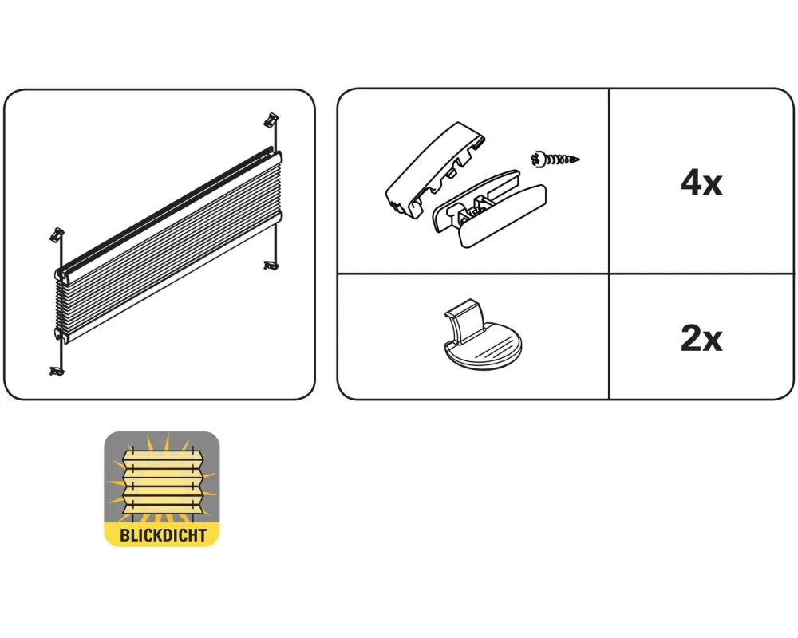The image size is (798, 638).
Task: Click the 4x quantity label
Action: [701, 183]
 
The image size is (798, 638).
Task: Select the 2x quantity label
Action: [701, 338]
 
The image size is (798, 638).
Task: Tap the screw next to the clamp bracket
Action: [555, 159]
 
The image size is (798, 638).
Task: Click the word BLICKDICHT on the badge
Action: [163, 535]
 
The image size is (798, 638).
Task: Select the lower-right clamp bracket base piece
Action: [489, 209]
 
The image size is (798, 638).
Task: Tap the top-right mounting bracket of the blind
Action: [271, 120]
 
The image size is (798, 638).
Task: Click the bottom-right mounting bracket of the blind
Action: [271, 265]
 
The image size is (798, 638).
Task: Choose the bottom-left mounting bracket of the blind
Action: [57, 372]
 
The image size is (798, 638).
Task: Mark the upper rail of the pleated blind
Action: [168, 214]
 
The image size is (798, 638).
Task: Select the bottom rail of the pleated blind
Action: [168, 278]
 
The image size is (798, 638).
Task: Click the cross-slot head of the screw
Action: [536, 159]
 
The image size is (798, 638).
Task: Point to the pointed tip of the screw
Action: [579, 159]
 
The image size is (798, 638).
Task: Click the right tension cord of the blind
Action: [275, 193]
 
